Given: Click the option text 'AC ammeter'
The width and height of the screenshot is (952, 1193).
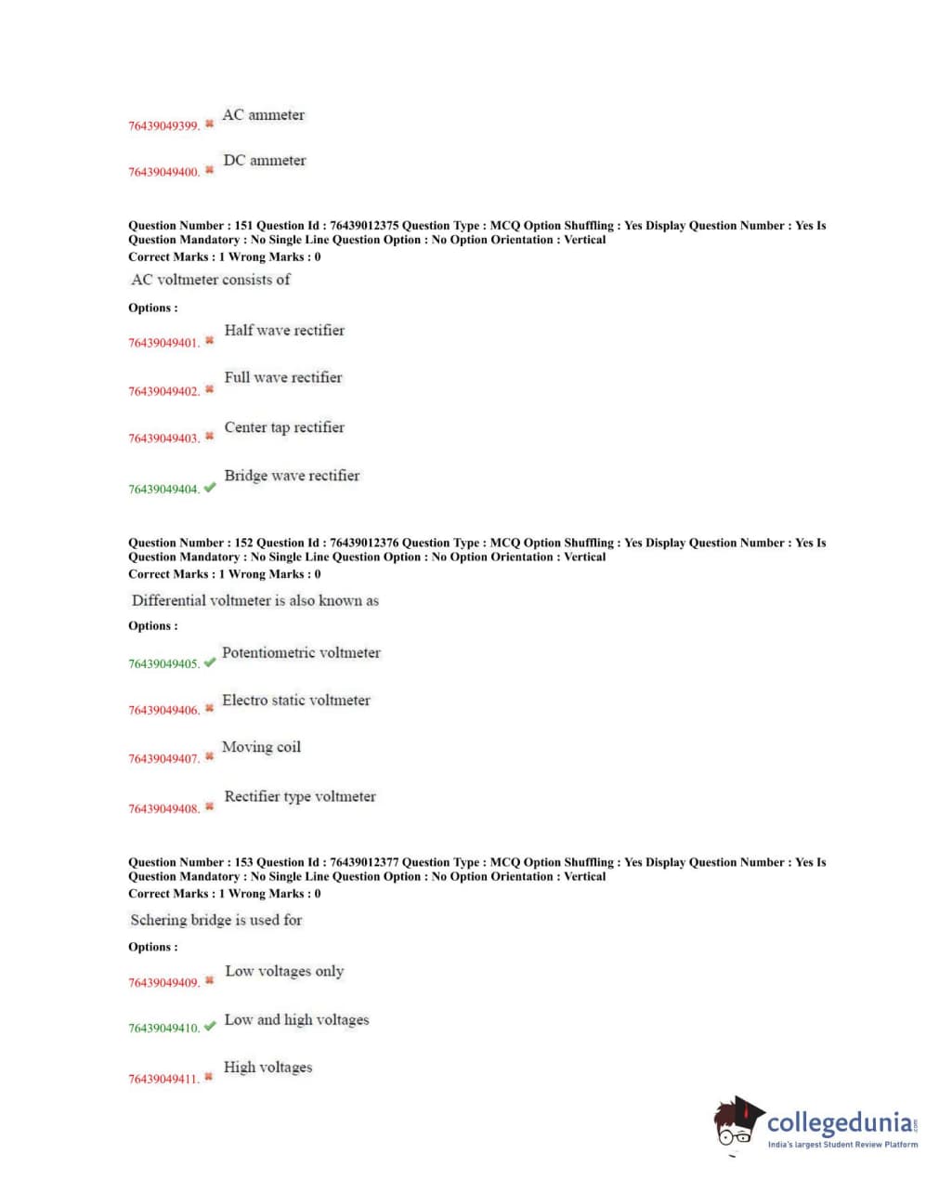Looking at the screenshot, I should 263,115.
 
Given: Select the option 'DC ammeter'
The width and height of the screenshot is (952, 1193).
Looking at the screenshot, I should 264,161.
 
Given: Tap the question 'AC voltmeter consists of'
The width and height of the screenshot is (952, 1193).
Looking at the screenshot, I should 211,280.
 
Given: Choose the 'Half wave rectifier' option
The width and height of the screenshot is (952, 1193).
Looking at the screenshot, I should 284,331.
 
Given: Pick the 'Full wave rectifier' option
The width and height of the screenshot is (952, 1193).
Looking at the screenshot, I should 283,378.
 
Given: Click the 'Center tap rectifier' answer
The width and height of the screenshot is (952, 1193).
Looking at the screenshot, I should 284,427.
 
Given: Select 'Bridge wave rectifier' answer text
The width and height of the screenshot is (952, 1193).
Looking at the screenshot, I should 292,476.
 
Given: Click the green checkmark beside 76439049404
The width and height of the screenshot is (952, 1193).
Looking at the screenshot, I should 209,487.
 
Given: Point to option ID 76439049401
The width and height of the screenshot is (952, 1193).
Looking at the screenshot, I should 163,343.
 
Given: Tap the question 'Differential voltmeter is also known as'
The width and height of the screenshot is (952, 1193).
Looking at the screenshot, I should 255,601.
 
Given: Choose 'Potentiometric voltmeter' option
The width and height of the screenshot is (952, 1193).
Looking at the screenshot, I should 301,653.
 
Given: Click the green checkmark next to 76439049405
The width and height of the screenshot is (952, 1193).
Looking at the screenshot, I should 209,662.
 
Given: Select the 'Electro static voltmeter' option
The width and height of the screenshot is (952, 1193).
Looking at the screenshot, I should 295,701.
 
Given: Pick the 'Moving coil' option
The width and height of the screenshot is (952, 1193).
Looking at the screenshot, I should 261,747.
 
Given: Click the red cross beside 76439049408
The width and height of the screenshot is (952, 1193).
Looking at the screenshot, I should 209,806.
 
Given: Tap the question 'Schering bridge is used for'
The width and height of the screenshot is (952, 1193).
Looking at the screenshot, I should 216,920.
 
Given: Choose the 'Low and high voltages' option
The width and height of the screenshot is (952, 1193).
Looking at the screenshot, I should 296,1020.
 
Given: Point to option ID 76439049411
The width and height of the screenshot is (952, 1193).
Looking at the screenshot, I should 163,1079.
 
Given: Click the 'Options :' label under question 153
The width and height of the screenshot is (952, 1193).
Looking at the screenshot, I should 153,947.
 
